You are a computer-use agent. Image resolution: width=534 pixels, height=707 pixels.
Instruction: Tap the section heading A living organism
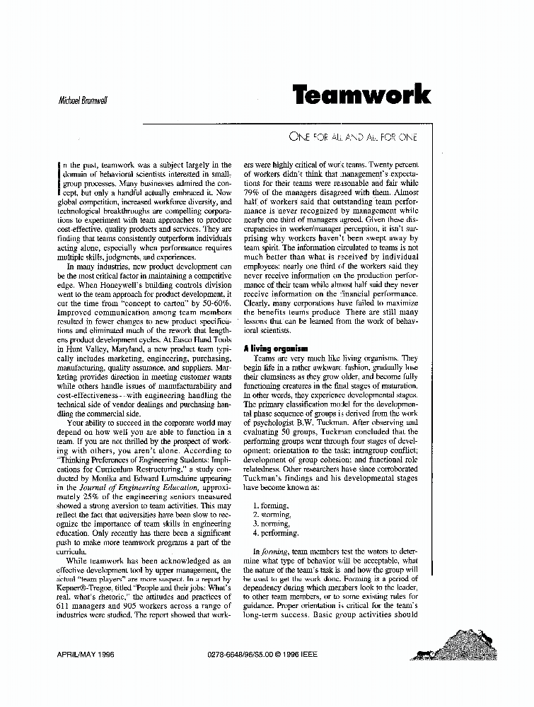pyautogui.click(x=275, y=349)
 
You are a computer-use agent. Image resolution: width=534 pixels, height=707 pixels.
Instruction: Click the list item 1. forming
pyautogui.click(x=270, y=506)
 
